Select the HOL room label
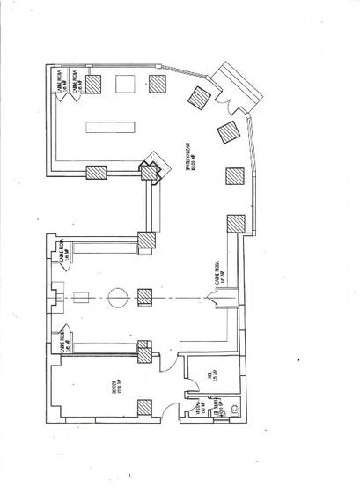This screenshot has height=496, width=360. pyautogui.click(x=211, y=378)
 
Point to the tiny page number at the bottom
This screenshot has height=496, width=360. pyautogui.click(x=129, y=476)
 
